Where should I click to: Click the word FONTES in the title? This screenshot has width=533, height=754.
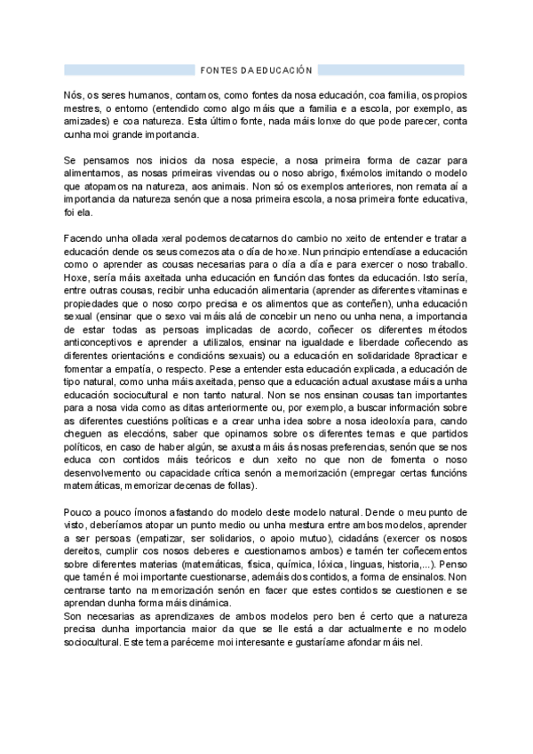(214, 69)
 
